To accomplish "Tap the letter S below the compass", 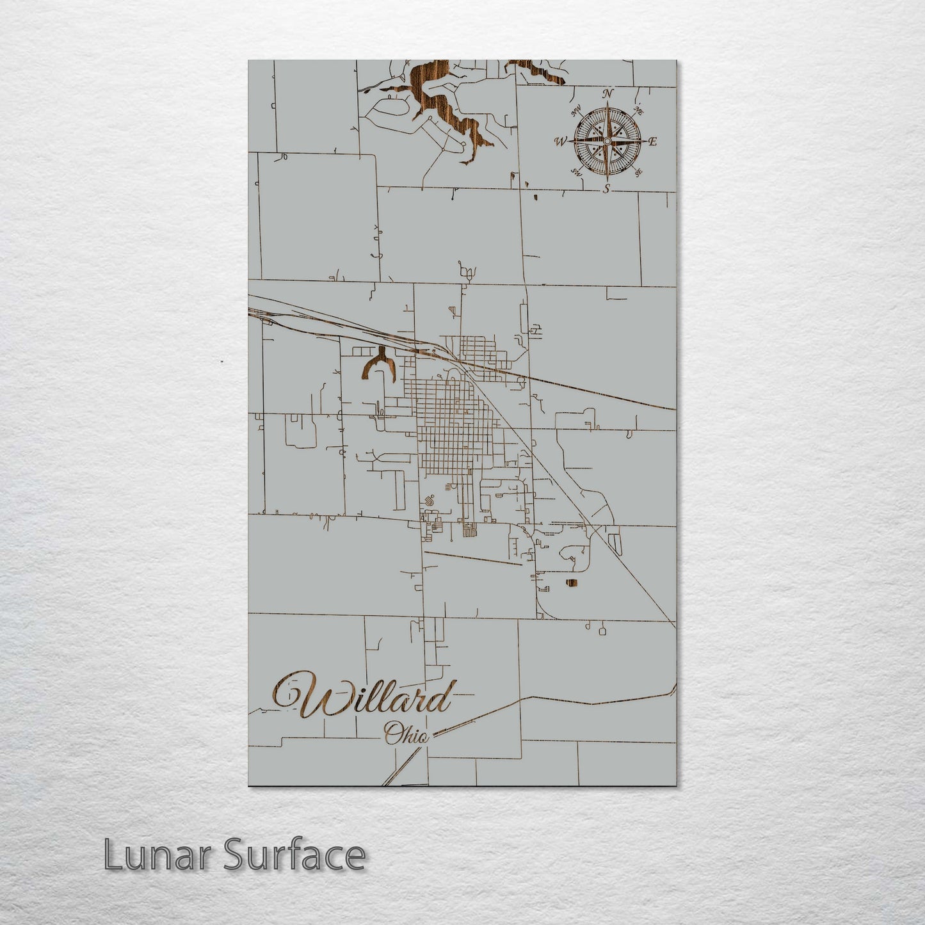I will [x=607, y=188].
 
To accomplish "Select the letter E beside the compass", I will [x=653, y=142].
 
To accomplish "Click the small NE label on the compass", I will [x=638, y=111].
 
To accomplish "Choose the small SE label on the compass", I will [x=638, y=172].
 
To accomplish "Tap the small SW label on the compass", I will [x=576, y=172].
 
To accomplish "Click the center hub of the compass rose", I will [x=607, y=141].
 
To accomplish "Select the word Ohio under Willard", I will [x=406, y=735].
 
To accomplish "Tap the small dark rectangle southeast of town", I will [x=571, y=583].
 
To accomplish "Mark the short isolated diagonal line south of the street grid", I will [x=474, y=558].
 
